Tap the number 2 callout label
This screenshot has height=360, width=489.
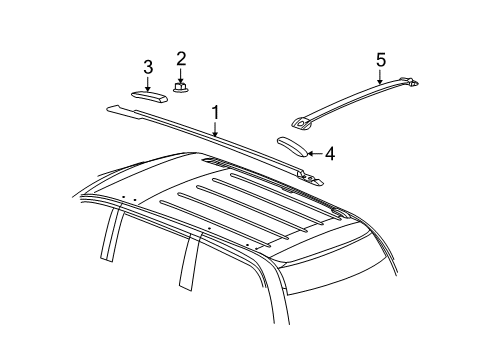pyautogui.click(x=181, y=59)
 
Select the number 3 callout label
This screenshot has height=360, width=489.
pyautogui.click(x=147, y=67)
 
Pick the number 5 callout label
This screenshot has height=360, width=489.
pyautogui.click(x=380, y=61)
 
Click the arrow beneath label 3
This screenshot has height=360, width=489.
pyautogui.click(x=148, y=83)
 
